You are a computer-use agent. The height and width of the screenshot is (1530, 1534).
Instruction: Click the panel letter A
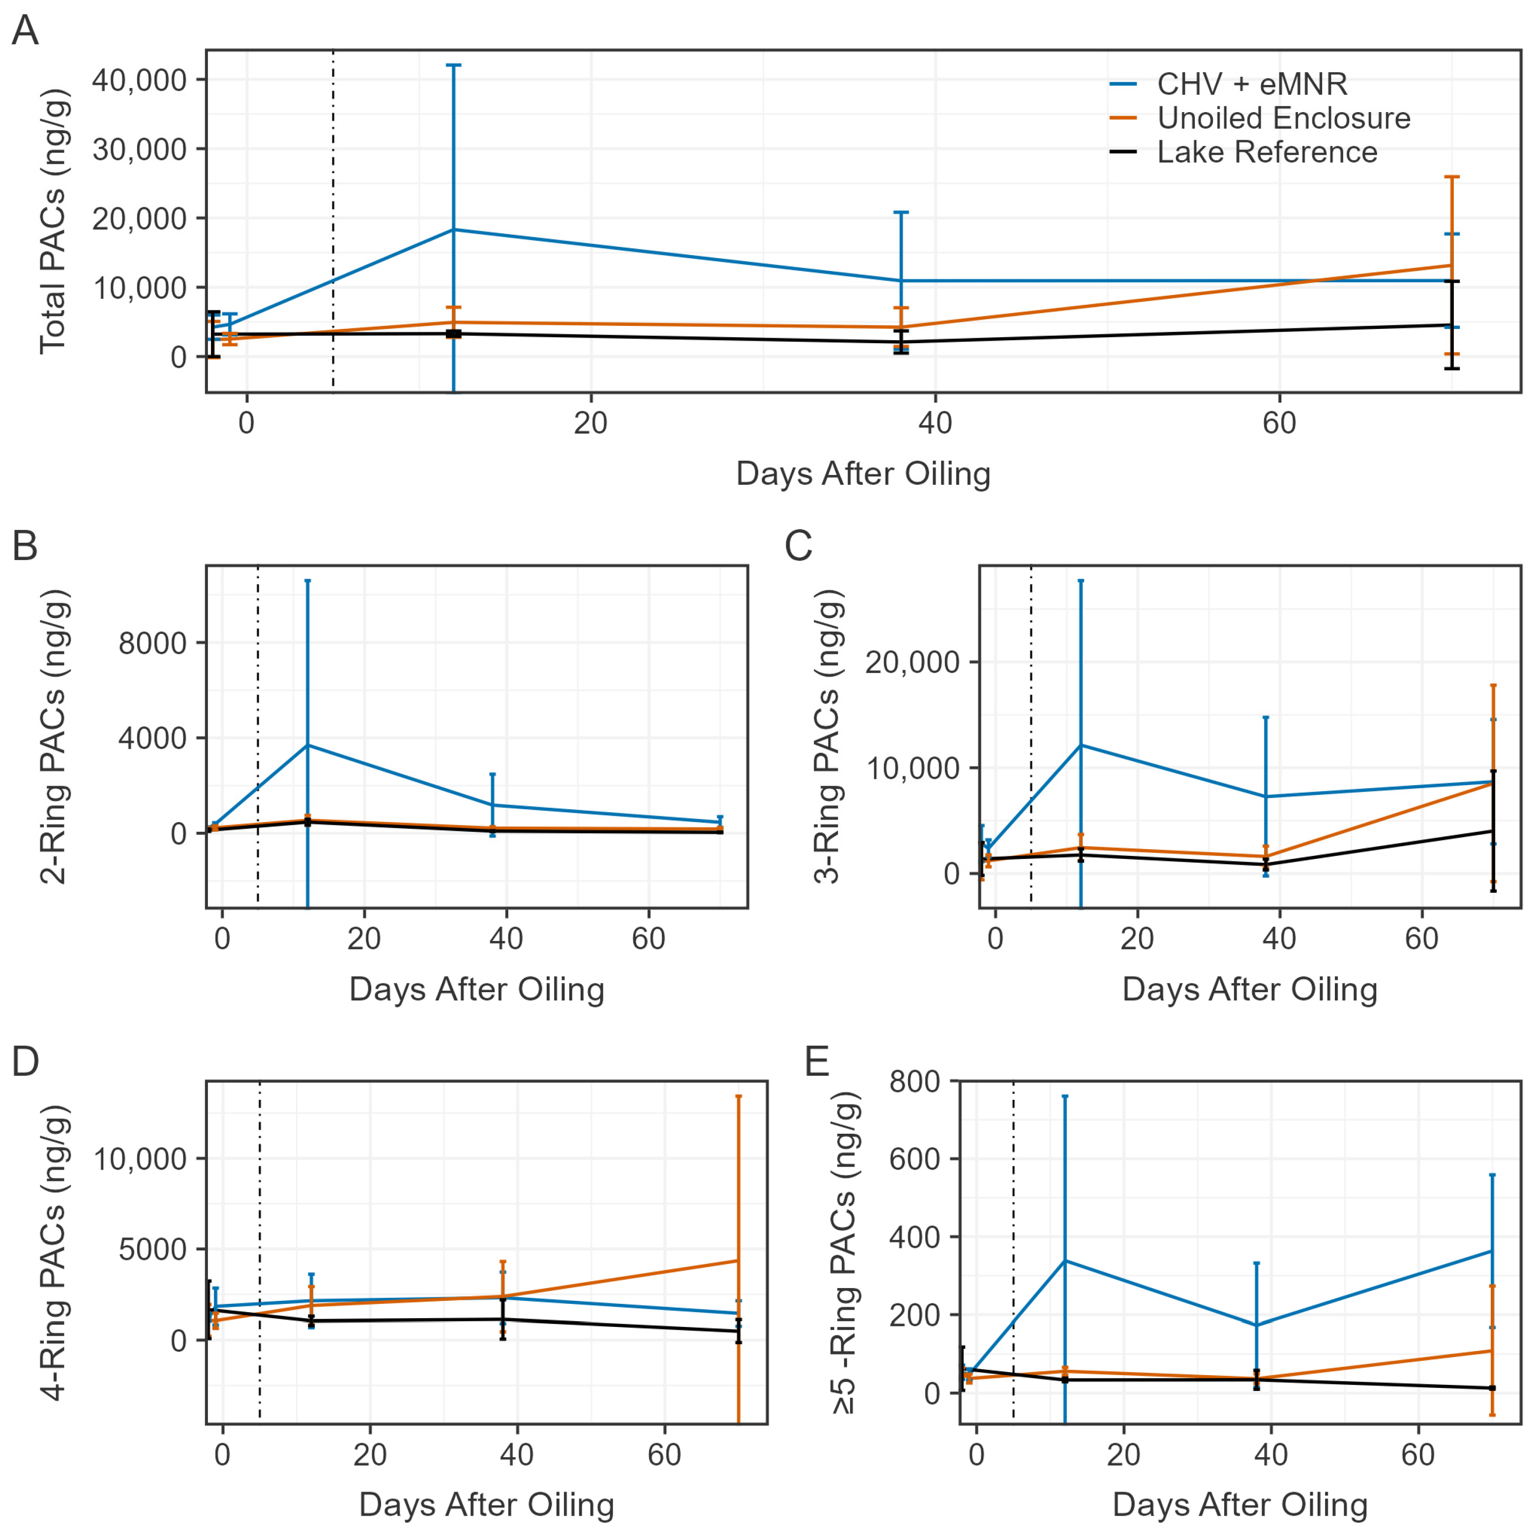point(26,32)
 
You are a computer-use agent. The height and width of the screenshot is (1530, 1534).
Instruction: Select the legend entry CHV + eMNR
point(1251,84)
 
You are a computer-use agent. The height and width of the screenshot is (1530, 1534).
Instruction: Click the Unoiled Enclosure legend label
point(1283,118)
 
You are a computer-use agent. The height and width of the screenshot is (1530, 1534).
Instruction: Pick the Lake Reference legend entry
point(1267,151)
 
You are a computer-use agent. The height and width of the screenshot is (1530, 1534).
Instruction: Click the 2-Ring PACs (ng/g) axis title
point(54,737)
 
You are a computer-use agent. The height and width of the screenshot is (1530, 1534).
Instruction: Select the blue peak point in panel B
point(307,745)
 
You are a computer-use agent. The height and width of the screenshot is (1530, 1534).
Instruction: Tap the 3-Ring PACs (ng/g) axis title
point(827,737)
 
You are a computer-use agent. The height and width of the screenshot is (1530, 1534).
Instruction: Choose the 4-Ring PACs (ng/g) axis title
point(54,1252)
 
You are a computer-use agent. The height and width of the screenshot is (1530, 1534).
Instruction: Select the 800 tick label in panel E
point(914,1082)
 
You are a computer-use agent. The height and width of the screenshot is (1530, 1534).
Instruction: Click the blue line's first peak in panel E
point(1065,1260)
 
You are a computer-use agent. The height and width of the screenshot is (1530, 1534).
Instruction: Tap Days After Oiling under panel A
point(863,473)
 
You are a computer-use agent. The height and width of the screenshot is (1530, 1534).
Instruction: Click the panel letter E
point(817,1061)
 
